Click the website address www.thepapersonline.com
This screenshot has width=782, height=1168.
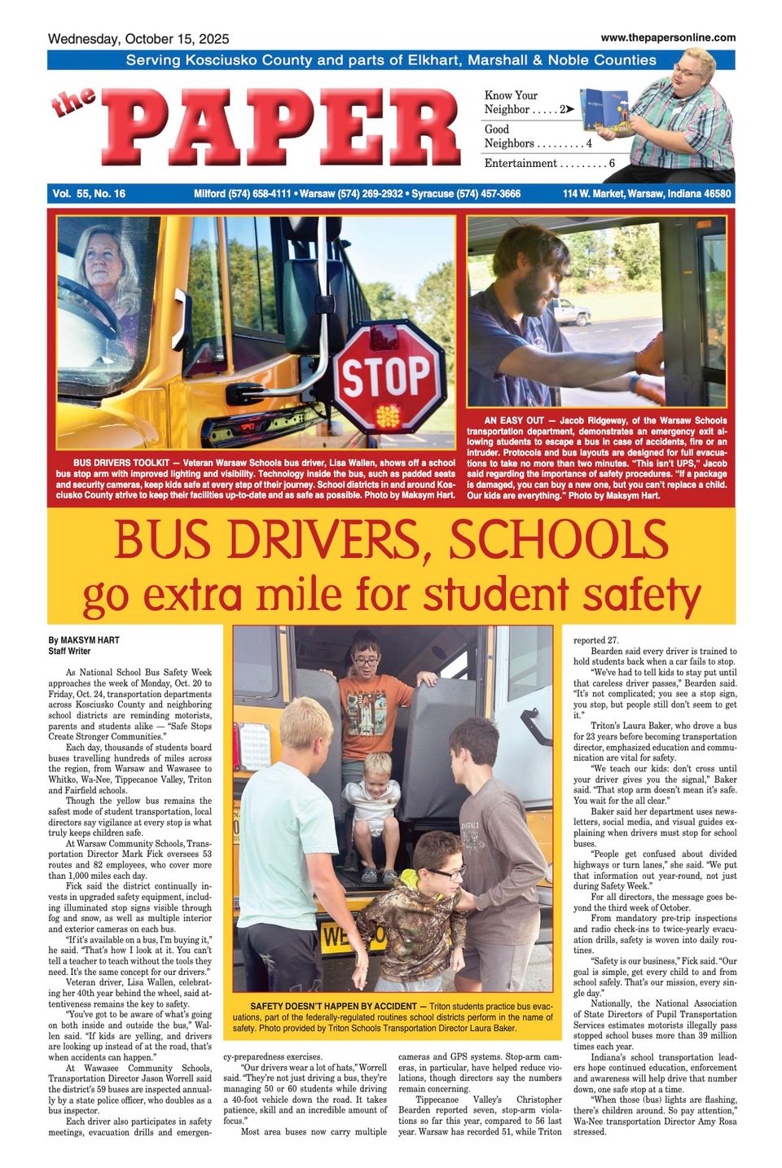coord(668,37)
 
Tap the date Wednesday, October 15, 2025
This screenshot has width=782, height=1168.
coord(138,39)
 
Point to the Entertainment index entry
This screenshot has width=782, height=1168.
coord(549,164)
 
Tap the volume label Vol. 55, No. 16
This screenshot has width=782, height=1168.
coord(89,194)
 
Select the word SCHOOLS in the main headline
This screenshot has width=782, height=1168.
coord(558,540)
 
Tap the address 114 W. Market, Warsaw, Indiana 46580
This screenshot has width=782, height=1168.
coord(647,194)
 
